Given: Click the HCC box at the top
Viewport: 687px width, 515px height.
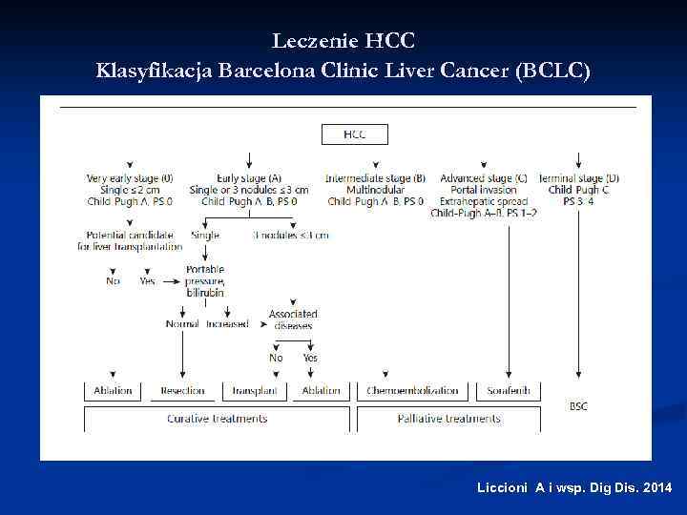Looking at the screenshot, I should tap(354, 134).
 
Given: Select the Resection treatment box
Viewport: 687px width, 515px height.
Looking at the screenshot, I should tap(182, 391).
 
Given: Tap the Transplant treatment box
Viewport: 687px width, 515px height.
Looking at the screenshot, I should tap(255, 391).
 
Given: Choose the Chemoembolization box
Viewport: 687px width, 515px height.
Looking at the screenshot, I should tap(412, 391).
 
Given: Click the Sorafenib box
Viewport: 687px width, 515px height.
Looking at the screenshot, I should tap(509, 391).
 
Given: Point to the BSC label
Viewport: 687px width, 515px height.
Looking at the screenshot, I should tap(578, 406).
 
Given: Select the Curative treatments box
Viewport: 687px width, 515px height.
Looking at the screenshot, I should tap(217, 419).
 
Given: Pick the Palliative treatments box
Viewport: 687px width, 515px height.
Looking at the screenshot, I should tap(448, 419).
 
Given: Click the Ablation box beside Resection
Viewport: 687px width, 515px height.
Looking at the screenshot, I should tap(114, 391).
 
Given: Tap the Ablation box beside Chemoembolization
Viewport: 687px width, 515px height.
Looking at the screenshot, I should tap(321, 391).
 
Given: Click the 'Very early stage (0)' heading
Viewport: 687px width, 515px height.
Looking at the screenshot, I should tap(130, 178).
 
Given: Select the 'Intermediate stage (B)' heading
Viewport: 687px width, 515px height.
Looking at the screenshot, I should tap(375, 178).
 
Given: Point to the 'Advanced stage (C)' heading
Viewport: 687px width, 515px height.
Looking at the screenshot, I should tap(484, 178).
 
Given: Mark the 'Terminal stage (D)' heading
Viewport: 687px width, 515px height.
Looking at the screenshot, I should tap(579, 178).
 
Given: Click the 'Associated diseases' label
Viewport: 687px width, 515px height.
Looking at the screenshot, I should tap(293, 319).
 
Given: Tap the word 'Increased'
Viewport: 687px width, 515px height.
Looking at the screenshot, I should tap(227, 324).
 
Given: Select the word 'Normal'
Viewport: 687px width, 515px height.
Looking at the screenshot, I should tap(182, 324).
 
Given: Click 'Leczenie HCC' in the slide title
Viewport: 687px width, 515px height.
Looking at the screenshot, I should tap(343, 41).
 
